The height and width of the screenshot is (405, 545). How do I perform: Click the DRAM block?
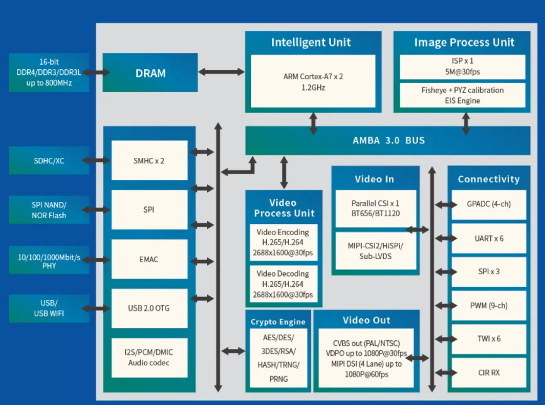tap(150, 74)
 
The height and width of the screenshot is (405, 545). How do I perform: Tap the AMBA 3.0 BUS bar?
tap(388, 140)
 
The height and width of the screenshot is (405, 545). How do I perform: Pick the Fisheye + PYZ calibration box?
tap(463, 95)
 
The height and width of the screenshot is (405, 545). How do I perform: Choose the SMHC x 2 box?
tap(149, 160)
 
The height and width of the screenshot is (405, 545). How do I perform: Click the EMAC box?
tap(149, 259)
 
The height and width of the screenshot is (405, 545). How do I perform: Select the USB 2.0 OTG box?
tap(149, 308)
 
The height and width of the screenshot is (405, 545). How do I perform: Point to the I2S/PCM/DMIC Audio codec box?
tap(149, 357)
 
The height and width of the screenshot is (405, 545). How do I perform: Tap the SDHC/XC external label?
tap(49, 161)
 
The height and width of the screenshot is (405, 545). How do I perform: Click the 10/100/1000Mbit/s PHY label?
tap(49, 260)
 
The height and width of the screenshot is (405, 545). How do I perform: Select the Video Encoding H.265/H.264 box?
tap(284, 242)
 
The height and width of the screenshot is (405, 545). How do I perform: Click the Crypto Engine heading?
tap(278, 321)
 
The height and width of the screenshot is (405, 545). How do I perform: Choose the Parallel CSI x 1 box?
tap(375, 209)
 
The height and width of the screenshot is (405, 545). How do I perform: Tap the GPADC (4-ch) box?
tap(488, 204)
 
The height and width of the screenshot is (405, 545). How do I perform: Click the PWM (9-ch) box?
tap(488, 306)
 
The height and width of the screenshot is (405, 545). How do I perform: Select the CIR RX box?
tap(488, 373)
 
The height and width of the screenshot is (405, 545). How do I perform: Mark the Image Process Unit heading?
tap(464, 43)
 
